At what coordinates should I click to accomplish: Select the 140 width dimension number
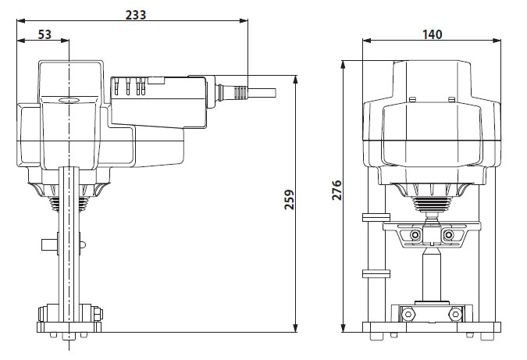[x=432, y=34]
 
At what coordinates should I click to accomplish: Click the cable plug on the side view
[x=234, y=92]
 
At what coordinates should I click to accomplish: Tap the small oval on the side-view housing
[x=68, y=101]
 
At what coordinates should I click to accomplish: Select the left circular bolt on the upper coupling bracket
[x=415, y=235]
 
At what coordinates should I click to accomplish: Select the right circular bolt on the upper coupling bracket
[x=448, y=235]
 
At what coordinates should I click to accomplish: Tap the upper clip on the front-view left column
[x=376, y=216]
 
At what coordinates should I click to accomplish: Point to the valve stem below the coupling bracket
[x=431, y=273]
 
